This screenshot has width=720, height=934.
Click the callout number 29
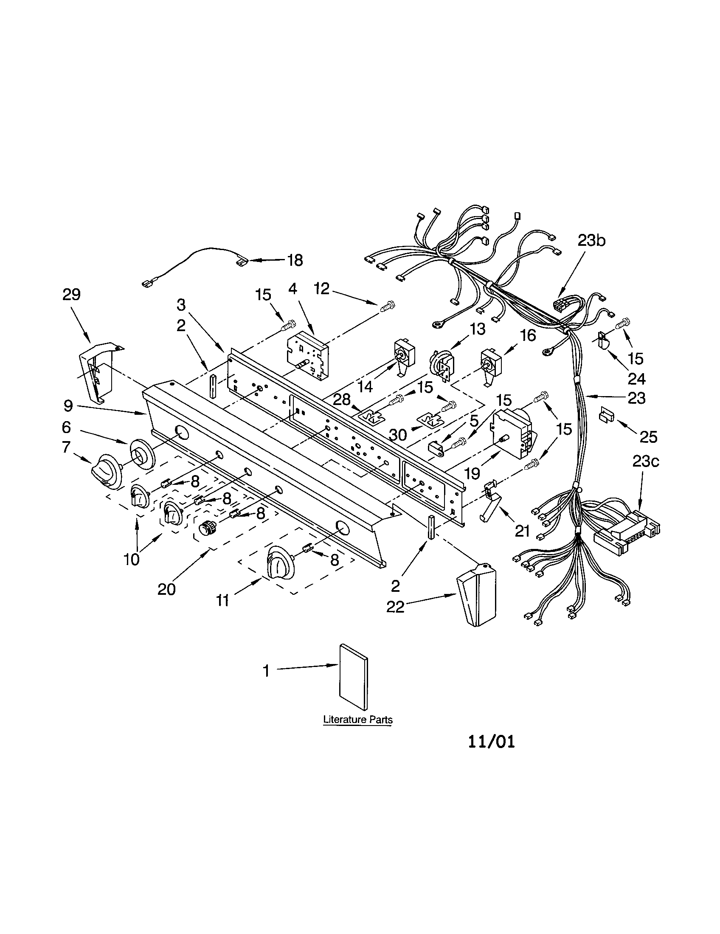[x=71, y=295]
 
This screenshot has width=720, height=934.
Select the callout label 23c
[x=646, y=462]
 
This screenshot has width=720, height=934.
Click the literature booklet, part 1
[x=353, y=681]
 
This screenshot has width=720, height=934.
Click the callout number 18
[x=295, y=260]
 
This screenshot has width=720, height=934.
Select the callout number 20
[x=166, y=589]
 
